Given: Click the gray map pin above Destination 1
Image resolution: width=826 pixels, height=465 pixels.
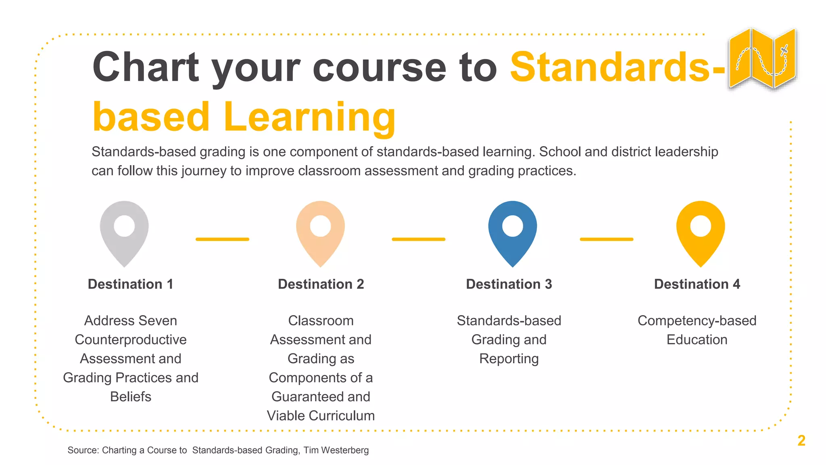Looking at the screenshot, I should pos(124,232).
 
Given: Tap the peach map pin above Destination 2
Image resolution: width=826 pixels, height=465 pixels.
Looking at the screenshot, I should pos(320,232).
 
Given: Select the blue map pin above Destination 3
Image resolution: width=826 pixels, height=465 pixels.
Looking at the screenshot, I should pos(512,232).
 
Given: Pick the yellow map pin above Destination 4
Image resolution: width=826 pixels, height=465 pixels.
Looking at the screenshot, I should pos(701,232).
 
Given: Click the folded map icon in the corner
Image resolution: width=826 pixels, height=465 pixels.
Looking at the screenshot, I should pos(762,59).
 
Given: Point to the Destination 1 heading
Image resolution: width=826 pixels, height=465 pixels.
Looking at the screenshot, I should pos(130,284).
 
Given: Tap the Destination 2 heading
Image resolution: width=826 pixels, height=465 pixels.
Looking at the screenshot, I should pos(321,284).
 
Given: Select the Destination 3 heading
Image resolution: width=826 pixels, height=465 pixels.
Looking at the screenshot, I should pos(509,284).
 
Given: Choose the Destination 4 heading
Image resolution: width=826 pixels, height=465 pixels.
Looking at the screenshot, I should pos(697,284).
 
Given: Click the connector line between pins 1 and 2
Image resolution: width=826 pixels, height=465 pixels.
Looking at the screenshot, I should pos(222,239).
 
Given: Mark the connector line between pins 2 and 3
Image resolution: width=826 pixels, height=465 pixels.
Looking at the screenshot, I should pos(418,239).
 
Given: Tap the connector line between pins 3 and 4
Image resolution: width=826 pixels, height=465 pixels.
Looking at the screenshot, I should pos(607,239).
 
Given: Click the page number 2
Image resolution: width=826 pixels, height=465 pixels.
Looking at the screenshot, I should pos(801,440).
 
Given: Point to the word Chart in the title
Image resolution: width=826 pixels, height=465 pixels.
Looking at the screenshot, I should pos(146,67).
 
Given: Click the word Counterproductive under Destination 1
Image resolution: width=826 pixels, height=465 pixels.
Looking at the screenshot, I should pos(130,340).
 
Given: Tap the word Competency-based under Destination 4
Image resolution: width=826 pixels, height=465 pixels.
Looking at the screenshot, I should pos(697,321).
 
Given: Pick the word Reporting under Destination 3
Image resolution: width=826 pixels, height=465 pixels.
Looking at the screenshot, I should pos(509,359).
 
